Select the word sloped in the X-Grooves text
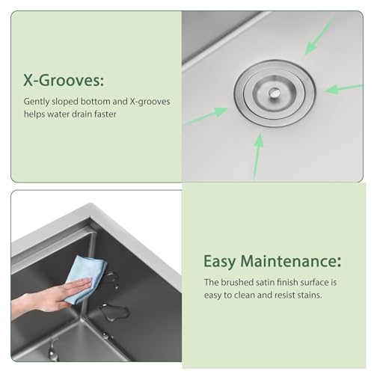67,101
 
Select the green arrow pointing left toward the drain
343,88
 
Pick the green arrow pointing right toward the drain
210,113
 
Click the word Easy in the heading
222,262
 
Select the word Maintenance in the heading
293,262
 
